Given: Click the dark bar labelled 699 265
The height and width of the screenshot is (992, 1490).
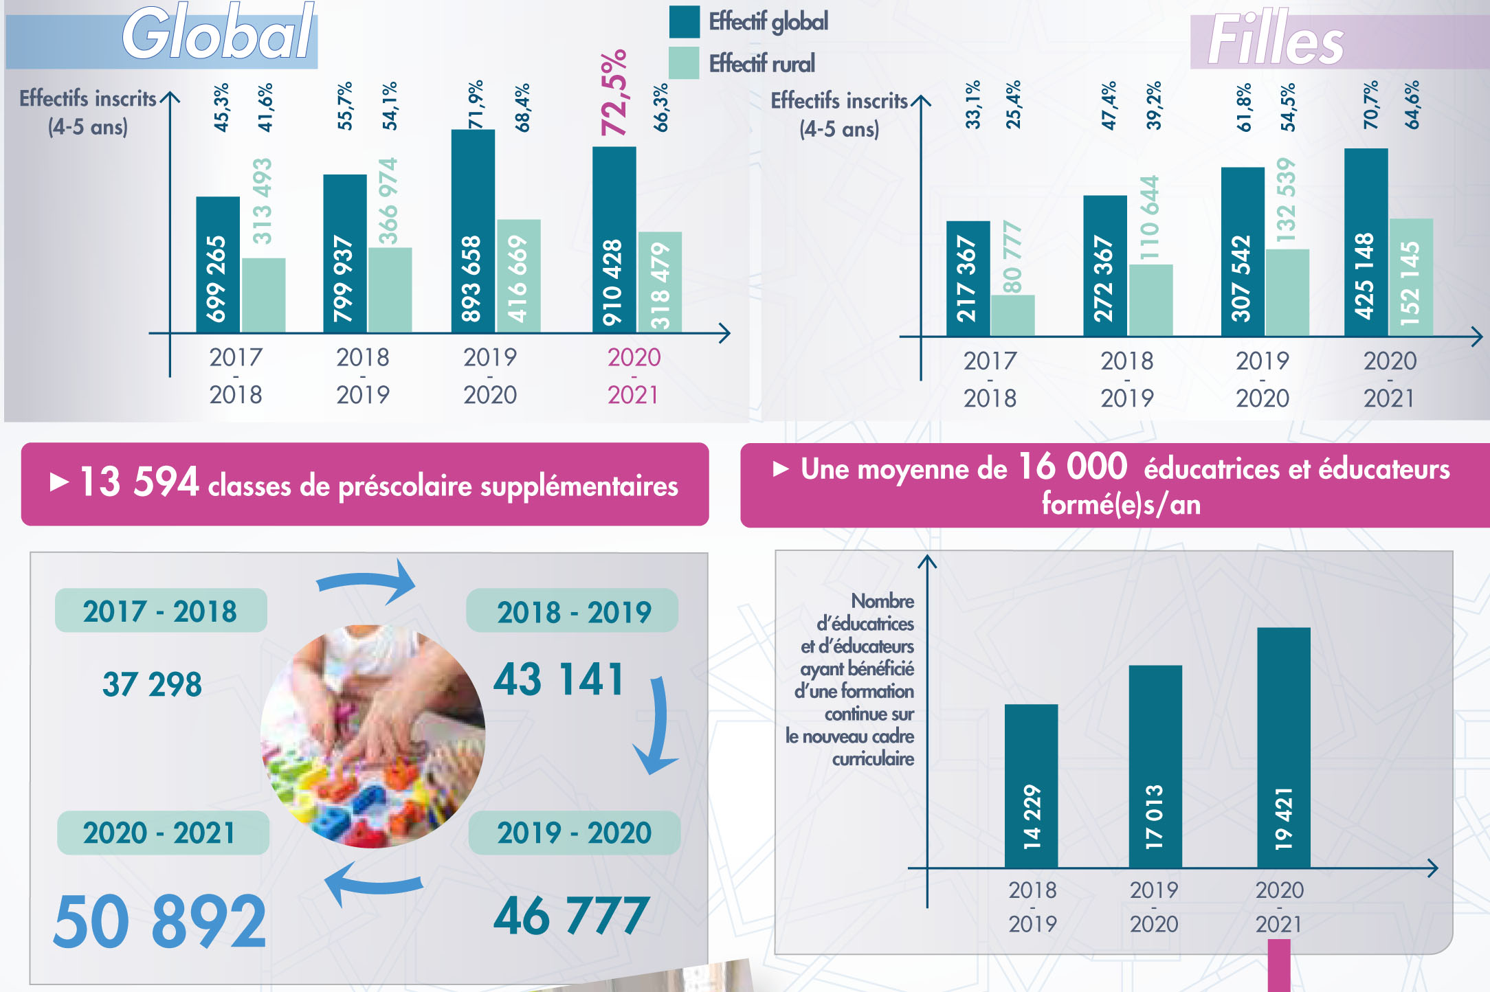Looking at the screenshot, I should tap(218, 265).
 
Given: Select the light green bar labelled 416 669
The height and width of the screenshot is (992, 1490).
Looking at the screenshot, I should tap(518, 276).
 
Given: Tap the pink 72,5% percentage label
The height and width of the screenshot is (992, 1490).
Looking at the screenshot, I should tap(614, 93).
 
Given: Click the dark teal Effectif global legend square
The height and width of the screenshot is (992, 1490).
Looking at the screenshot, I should tap(684, 21).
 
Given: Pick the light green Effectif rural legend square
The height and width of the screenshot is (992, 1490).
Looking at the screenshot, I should tap(684, 63).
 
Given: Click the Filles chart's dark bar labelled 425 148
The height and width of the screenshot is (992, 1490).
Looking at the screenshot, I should tap(1366, 242).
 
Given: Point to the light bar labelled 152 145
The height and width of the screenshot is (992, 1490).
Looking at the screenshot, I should tap(1411, 278).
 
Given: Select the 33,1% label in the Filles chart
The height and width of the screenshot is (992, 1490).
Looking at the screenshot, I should tap(973, 105).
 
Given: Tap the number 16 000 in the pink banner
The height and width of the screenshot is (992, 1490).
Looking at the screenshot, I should tap(1072, 467).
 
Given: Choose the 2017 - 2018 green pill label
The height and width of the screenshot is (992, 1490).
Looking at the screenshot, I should tap(160, 611).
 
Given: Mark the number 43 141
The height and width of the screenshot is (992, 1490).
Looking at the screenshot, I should tap(559, 680).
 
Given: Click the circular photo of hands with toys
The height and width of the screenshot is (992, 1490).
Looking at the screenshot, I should tap(373, 736).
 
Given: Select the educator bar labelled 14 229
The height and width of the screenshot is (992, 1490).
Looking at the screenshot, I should tap(1031, 786).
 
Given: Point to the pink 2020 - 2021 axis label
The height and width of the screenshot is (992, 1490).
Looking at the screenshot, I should tap(634, 376).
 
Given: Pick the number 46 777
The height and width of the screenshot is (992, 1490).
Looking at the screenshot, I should tap(571, 916).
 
